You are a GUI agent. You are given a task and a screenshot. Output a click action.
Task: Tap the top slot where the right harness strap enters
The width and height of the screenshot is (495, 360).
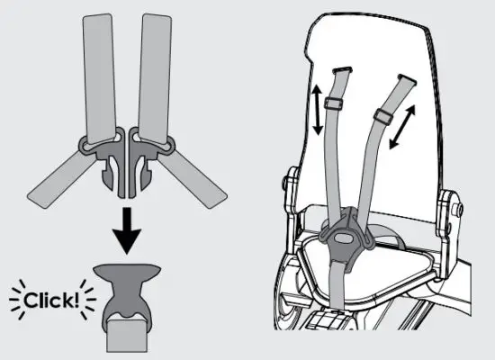pos(404,79)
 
